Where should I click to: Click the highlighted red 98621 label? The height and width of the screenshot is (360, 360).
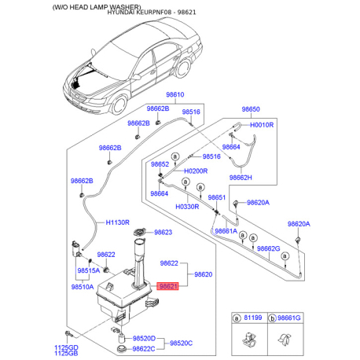167,286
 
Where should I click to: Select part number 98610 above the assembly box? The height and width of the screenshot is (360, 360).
175,94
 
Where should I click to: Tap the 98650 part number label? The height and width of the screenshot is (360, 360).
251,109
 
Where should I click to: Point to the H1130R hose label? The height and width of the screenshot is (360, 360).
118,222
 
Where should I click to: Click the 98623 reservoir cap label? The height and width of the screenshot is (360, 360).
163,232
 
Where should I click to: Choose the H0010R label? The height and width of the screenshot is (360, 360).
262,125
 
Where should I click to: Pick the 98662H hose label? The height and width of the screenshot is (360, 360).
241,178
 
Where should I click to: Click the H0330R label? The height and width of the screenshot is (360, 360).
187,207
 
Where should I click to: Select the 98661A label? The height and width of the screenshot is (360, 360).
226,231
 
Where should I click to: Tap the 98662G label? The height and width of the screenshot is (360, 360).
269,248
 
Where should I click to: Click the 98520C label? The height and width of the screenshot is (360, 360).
181,343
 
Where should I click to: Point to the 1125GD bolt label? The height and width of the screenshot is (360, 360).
66,347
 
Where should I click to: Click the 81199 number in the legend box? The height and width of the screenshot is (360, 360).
253,318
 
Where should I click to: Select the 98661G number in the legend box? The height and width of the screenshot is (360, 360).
289,318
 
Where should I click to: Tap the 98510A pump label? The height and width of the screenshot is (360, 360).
83,287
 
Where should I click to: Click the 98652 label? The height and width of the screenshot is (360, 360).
160,164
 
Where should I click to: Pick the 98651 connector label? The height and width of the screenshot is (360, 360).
217,197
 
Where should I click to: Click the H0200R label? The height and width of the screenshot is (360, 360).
196,171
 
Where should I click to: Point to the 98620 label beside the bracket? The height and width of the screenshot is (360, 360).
204,274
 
